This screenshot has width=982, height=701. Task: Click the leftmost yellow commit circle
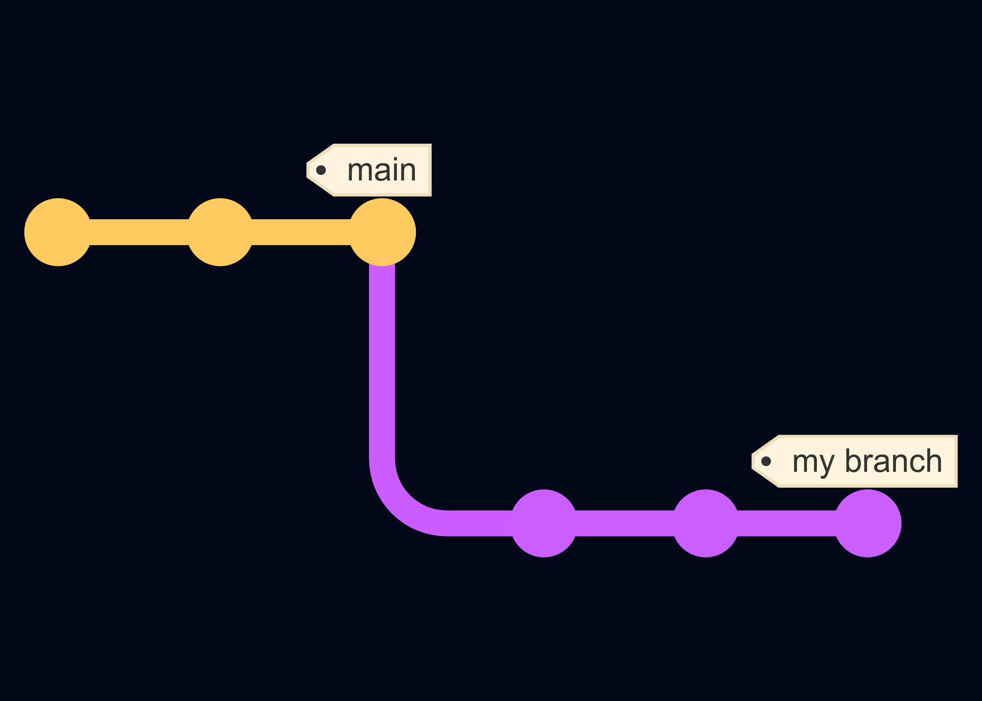pyautogui.click(x=58, y=232)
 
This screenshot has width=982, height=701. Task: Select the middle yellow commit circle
pyautogui.click(x=220, y=232)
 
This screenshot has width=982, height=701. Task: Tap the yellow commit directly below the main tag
pyautogui.click(x=382, y=232)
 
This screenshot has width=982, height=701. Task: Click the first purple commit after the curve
pyautogui.click(x=544, y=523)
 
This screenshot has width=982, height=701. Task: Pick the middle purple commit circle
pyautogui.click(x=705, y=523)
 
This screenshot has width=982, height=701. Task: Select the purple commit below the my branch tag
pyautogui.click(x=868, y=523)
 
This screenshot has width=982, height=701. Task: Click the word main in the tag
pyautogui.click(x=382, y=171)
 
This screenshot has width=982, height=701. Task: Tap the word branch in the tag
pyautogui.click(x=893, y=461)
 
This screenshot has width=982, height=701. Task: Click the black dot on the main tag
pyautogui.click(x=321, y=171)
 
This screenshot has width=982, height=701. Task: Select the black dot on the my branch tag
pyautogui.click(x=766, y=461)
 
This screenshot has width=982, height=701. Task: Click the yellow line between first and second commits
pyautogui.click(x=139, y=232)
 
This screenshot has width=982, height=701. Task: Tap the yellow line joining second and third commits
pyautogui.click(x=301, y=232)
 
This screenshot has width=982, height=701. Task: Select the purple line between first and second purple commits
pyautogui.click(x=625, y=523)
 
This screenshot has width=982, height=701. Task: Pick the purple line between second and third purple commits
pyautogui.click(x=786, y=523)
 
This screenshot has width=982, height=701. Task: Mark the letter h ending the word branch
pyautogui.click(x=933, y=461)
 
